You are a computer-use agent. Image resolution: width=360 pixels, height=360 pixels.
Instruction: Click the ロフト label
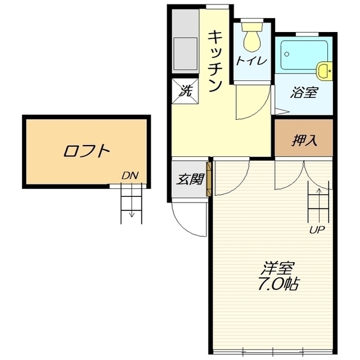(87, 151)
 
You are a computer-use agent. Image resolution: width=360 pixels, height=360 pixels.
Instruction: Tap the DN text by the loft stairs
(130, 176)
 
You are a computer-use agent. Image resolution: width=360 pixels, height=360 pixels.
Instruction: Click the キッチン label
(215, 60)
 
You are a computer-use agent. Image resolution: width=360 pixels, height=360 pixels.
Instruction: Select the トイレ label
(251, 61)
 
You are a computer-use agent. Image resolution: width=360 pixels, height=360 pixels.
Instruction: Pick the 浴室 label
(304, 92)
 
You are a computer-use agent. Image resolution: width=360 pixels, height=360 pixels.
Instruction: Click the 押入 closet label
(304, 140)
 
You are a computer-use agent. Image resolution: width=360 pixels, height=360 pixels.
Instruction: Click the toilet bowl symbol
(251, 38)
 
